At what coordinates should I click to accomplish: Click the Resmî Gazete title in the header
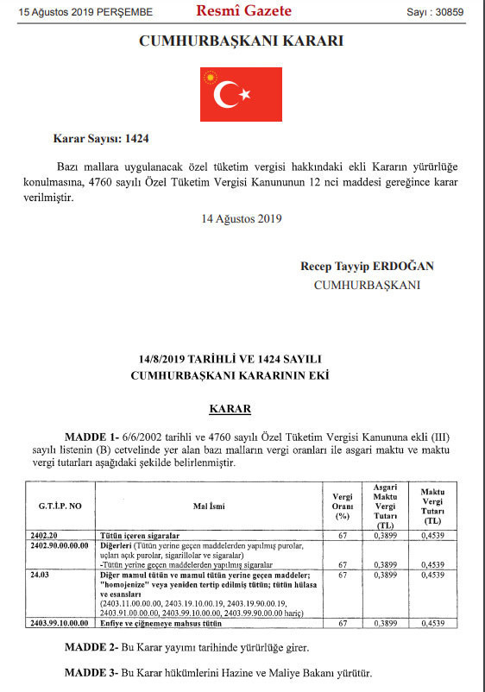point(244,11)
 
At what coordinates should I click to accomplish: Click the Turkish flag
point(241,94)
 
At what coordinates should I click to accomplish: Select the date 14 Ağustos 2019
point(242,217)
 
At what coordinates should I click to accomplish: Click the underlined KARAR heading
point(230,407)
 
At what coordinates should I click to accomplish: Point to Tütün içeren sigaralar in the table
point(140,536)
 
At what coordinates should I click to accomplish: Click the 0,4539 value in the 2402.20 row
point(432,536)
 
